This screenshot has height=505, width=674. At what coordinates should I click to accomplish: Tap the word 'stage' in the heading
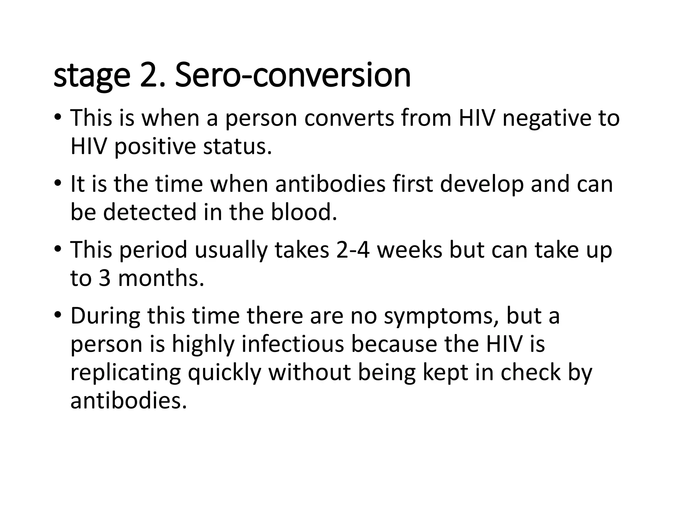coord(92,76)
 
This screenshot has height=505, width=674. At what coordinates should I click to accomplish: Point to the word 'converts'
coord(349,119)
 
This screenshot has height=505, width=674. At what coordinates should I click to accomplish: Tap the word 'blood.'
coord(304,212)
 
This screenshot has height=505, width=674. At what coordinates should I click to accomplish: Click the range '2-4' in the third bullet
coord(352,250)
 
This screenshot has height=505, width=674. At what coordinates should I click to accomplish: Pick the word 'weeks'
coord(409,250)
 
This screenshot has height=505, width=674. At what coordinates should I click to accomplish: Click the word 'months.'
coord(161,278)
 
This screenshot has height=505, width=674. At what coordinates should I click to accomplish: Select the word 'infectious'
coord(293,344)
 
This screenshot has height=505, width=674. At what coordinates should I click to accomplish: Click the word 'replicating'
coord(125,373)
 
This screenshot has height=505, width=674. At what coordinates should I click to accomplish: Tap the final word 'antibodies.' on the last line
coord(129,401)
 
